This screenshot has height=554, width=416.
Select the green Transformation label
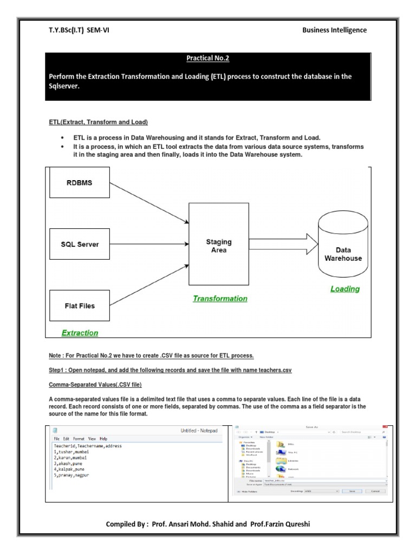point(220,299)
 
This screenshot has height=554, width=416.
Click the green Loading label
point(345,289)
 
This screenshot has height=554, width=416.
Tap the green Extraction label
point(80,333)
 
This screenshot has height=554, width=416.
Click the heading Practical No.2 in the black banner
point(208,57)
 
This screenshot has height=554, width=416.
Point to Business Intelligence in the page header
point(334,30)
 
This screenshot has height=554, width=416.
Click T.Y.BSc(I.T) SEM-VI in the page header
point(79,30)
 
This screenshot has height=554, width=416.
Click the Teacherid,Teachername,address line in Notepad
point(88,446)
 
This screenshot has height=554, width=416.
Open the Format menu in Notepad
point(79,438)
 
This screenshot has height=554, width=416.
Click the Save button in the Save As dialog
point(352,491)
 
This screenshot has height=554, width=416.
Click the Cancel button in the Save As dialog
point(375,491)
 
